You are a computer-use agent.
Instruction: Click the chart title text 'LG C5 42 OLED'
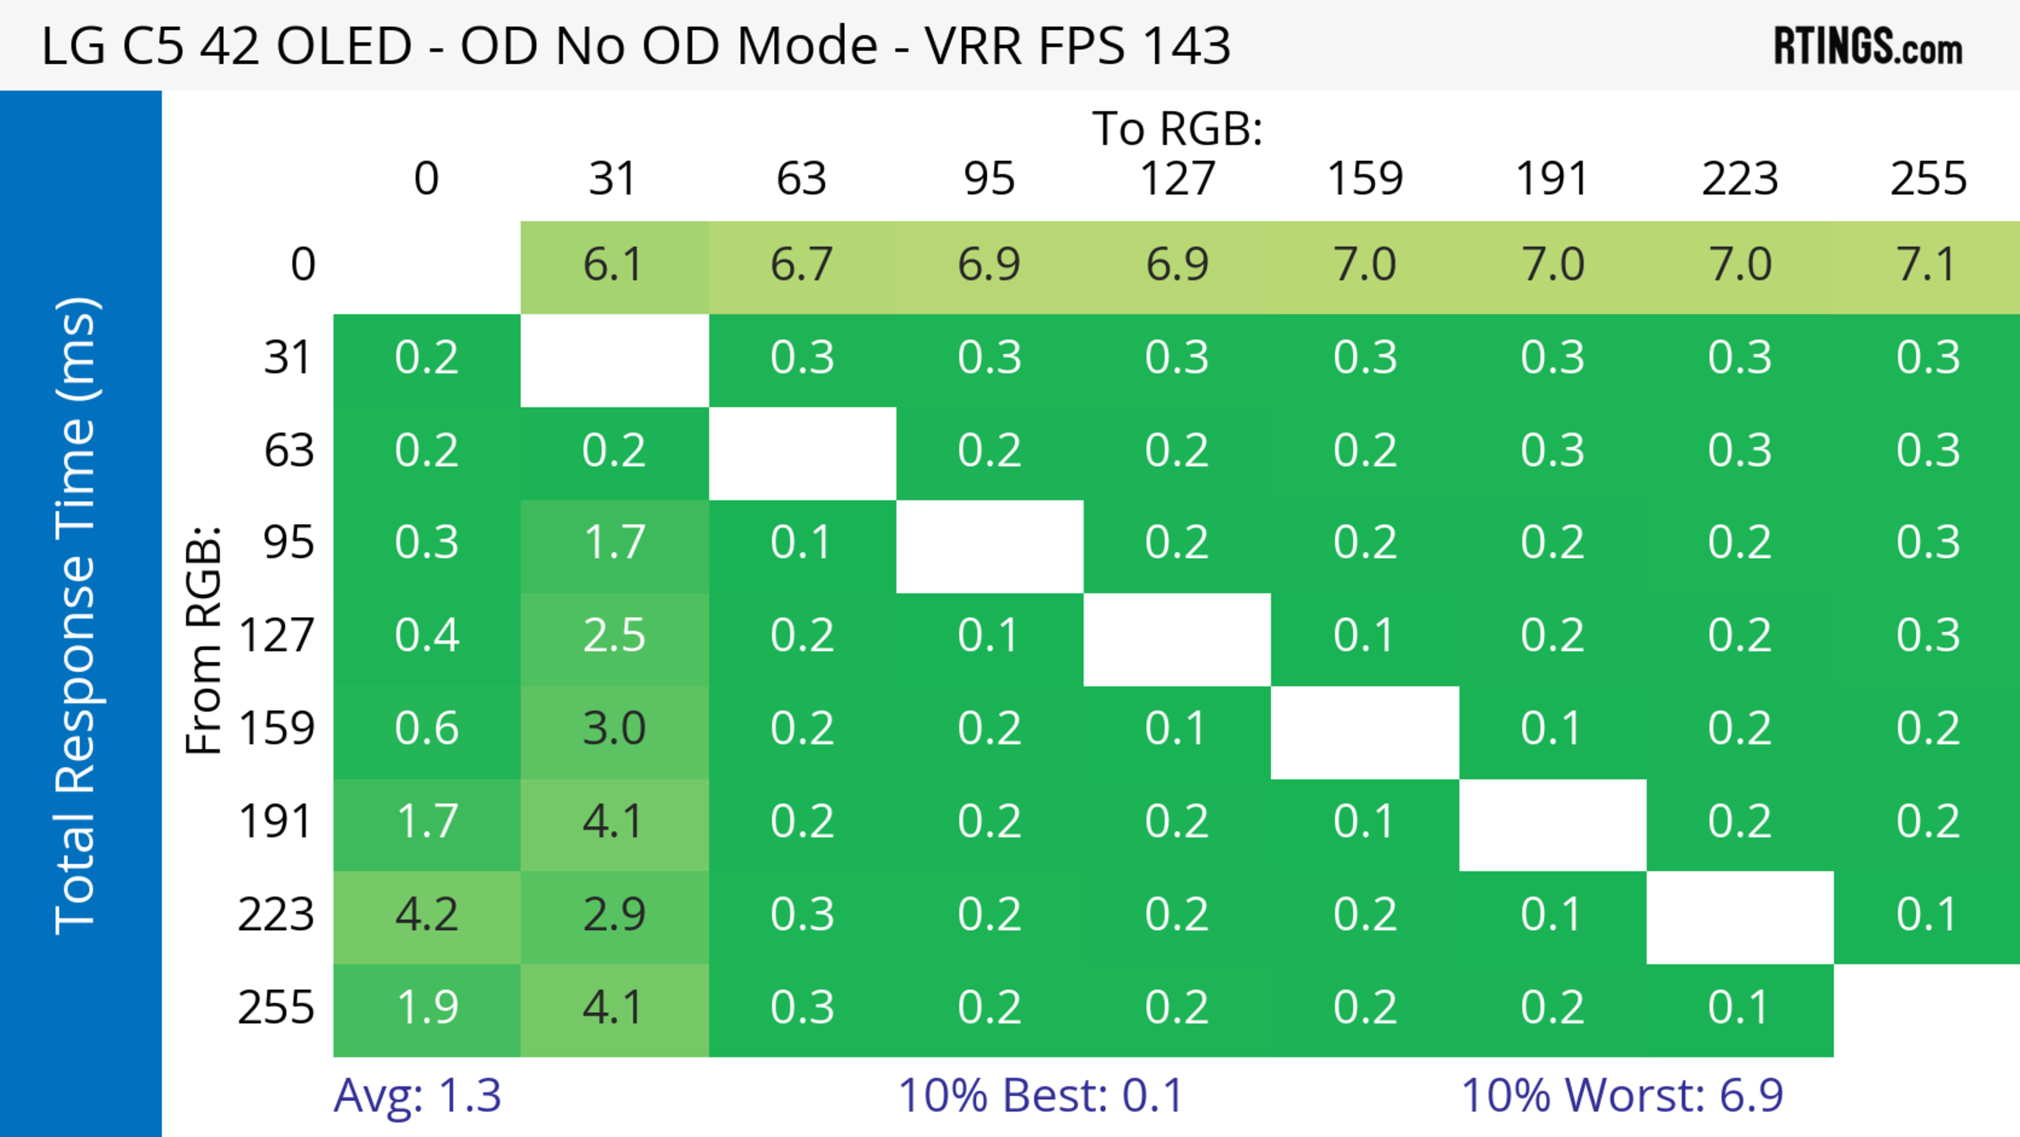pyautogui.click(x=227, y=45)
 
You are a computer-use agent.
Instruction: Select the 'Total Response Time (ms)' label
pyautogui.click(x=77, y=616)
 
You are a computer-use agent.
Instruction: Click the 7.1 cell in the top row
pyautogui.click(x=1927, y=264)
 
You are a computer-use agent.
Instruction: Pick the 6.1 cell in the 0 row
pyautogui.click(x=614, y=264)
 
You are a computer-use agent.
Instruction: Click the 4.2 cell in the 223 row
pyautogui.click(x=427, y=914)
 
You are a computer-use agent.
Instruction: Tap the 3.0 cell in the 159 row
pyautogui.click(x=614, y=729)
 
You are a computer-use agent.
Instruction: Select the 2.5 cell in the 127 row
pyautogui.click(x=614, y=635)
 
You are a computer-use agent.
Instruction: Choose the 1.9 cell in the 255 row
pyautogui.click(x=427, y=1008)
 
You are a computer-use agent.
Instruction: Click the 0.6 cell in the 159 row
pyautogui.click(x=427, y=729)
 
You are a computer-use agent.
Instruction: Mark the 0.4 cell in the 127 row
pyautogui.click(x=427, y=635)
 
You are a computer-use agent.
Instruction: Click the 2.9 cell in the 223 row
pyautogui.click(x=614, y=914)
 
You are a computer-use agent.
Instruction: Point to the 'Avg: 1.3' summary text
pyautogui.click(x=417, y=1095)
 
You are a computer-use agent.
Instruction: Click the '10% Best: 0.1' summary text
pyautogui.click(x=1041, y=1095)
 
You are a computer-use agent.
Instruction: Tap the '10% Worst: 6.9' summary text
pyautogui.click(x=1622, y=1095)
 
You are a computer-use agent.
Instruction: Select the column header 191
pyautogui.click(x=1552, y=179)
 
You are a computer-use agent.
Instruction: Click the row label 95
pyautogui.click(x=289, y=542)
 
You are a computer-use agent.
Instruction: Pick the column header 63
pyautogui.click(x=801, y=179)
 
